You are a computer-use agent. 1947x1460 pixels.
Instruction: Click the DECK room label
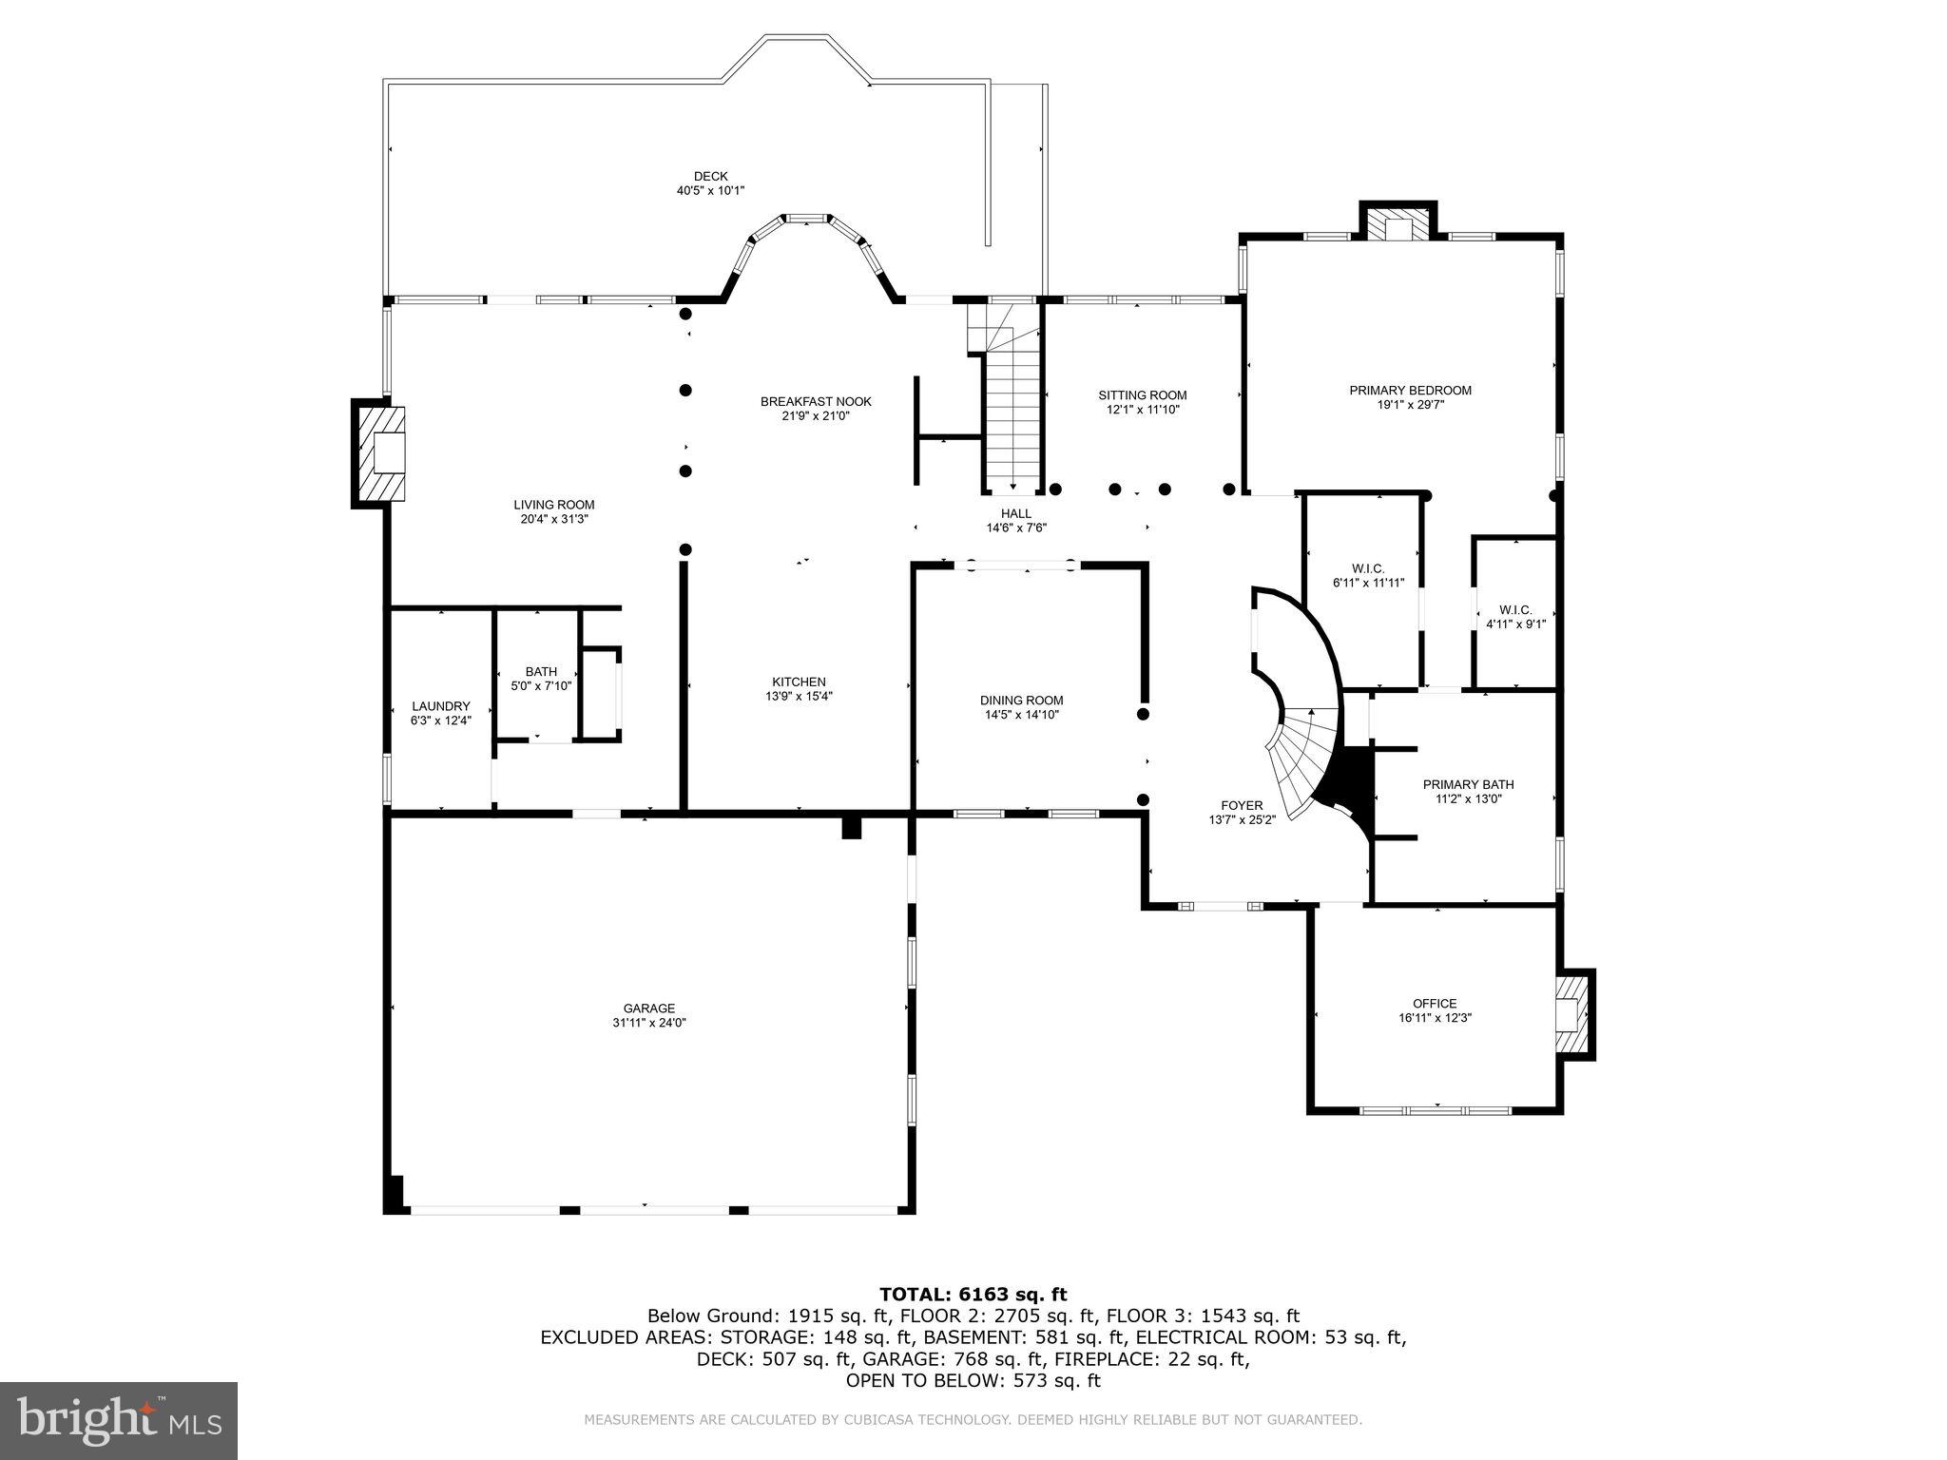pos(710,177)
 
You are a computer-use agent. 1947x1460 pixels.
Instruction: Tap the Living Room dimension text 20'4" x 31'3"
pos(554,519)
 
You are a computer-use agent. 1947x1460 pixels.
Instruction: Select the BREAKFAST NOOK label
pos(816,401)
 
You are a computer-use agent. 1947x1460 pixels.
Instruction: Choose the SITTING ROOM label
pos(1142,395)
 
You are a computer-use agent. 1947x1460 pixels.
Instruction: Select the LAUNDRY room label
pos(440,706)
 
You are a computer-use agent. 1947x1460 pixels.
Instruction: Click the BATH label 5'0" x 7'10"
pos(541,672)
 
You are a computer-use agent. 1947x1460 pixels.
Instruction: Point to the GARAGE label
pos(649,1009)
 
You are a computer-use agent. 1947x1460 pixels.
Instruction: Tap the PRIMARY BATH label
pos(1468,784)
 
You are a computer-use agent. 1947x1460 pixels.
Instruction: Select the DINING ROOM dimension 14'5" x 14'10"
pos(1022,715)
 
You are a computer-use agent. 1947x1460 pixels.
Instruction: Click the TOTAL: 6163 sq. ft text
pos(973,1294)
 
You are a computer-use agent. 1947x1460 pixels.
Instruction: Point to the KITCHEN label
pos(799,682)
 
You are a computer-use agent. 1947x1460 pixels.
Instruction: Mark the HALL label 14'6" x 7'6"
pos(1016,513)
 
